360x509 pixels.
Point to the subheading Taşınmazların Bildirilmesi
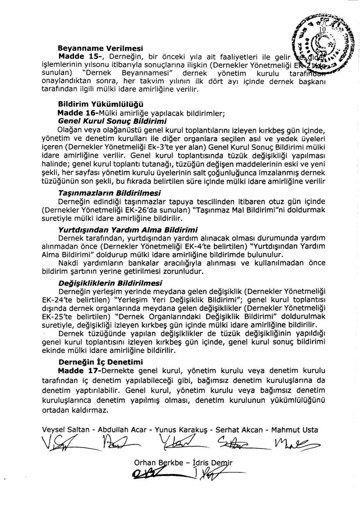pos(109,193)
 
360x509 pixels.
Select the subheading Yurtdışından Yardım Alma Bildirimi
pos(128,229)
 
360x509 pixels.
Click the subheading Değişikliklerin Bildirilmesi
pos(110,282)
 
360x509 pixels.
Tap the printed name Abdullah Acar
pos(122,430)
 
